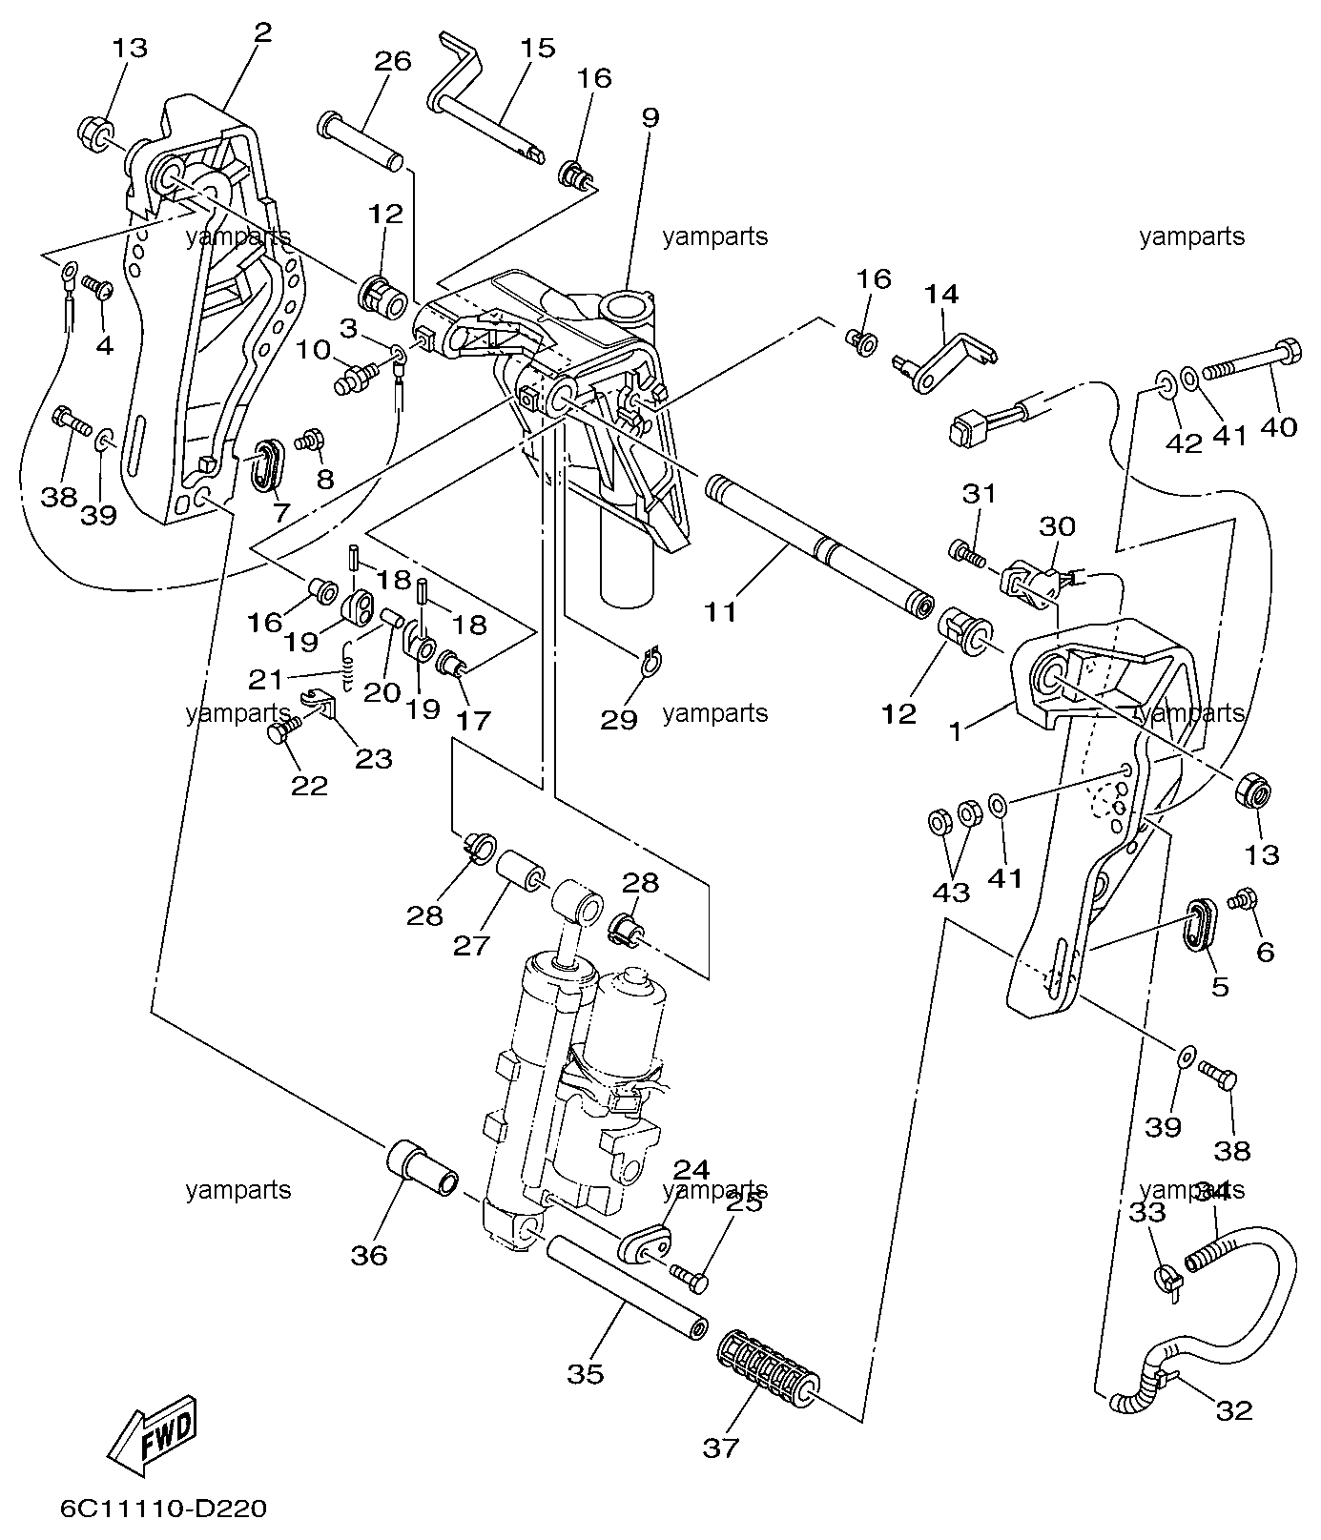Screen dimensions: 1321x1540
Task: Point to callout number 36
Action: (x=369, y=1255)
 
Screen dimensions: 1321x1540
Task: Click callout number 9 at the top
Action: (x=650, y=118)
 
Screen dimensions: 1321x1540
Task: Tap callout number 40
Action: (x=1278, y=426)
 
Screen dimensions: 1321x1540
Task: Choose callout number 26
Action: (x=392, y=61)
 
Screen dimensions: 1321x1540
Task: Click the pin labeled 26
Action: (x=362, y=141)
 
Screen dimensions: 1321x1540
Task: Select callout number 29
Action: (x=618, y=719)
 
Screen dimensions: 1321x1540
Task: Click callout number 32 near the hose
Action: (x=1234, y=1409)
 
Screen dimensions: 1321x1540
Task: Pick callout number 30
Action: (x=1056, y=526)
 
